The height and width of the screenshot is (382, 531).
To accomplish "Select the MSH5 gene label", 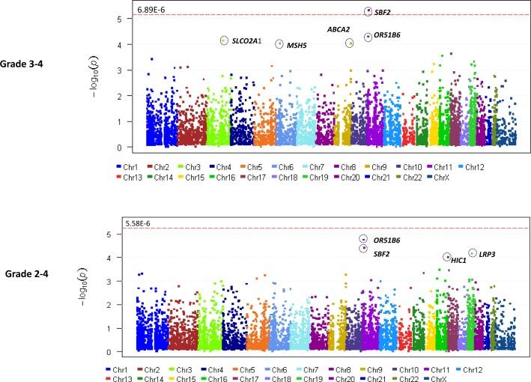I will [297, 46].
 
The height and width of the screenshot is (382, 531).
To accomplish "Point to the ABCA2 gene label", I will [339, 29].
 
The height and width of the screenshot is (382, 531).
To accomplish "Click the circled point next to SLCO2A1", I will [223, 40].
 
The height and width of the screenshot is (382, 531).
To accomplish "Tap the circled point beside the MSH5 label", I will [279, 44].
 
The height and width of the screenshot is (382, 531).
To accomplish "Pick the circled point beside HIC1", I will [446, 257].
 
